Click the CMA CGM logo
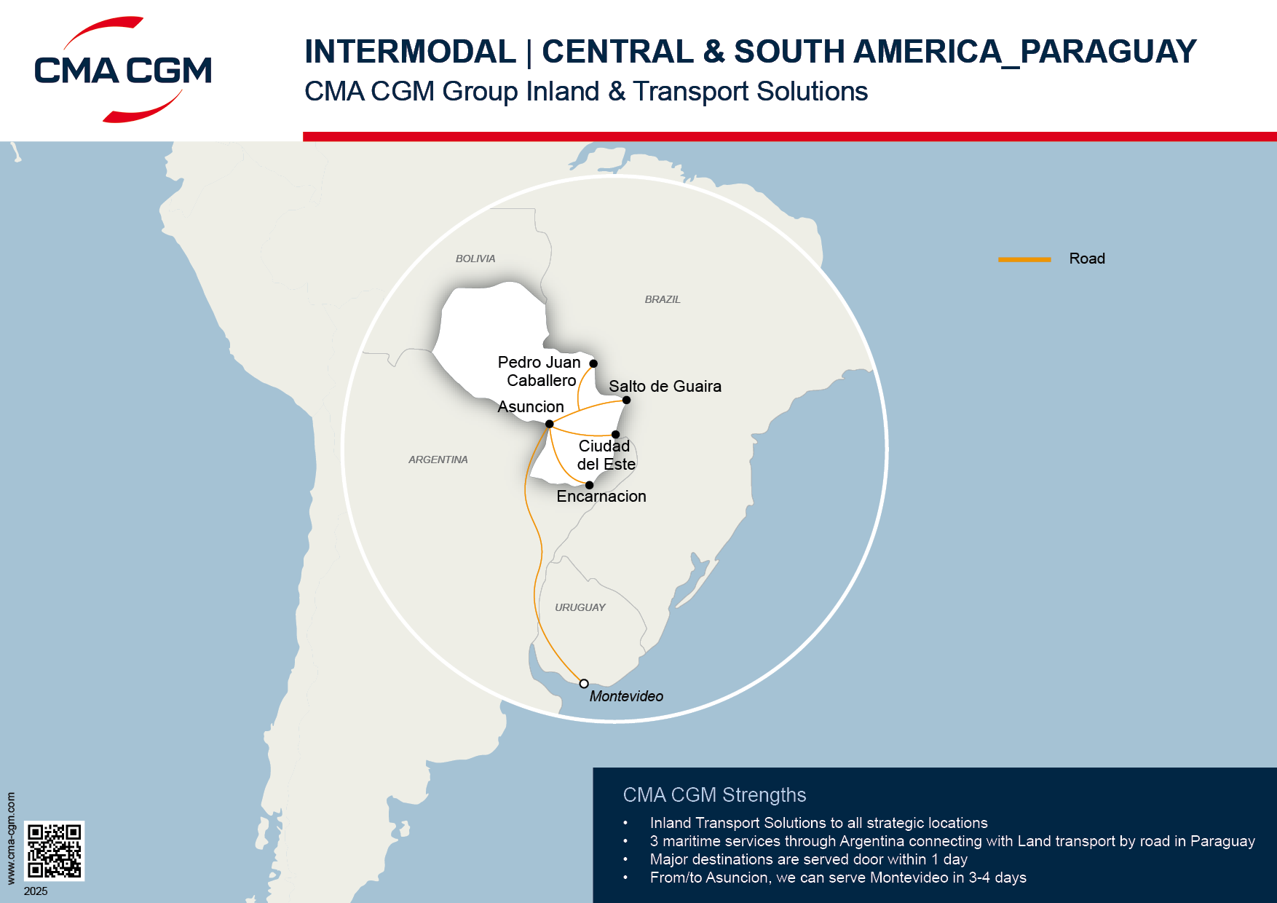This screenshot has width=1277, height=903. click(x=122, y=70)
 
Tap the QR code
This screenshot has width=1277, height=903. click(x=55, y=851)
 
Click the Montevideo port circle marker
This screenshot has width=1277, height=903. click(x=584, y=684)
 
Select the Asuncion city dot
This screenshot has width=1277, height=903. click(x=549, y=424)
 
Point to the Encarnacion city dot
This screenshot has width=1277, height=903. click(x=589, y=485)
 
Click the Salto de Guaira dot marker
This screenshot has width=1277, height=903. click(x=626, y=400)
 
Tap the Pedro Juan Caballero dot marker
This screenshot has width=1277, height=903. click(x=593, y=363)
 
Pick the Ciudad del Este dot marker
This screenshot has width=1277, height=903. click(x=615, y=435)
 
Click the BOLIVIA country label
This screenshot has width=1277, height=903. click(x=475, y=259)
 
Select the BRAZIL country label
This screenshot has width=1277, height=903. click(x=663, y=299)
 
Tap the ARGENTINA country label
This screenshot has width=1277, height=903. click(x=438, y=460)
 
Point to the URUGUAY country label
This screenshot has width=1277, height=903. click(x=580, y=607)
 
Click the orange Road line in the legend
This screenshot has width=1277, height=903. click(x=1024, y=259)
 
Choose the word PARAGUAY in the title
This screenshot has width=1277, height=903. click(x=1108, y=52)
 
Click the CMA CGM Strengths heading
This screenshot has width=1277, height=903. click(x=714, y=794)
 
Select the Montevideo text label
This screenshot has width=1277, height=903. click(x=626, y=696)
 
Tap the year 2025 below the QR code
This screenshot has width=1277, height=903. click(x=36, y=891)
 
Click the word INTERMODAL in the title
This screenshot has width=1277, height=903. click(x=410, y=52)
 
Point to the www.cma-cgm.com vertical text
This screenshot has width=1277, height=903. click(x=11, y=838)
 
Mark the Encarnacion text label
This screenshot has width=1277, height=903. click(x=601, y=497)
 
